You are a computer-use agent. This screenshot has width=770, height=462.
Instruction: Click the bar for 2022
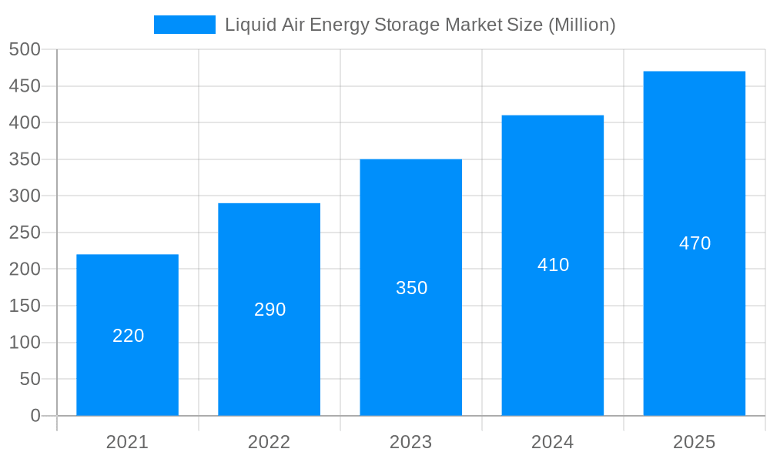[x=269, y=362]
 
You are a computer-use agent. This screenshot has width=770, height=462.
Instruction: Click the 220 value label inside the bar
[x=128, y=336]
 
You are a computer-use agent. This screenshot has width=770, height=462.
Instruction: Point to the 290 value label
[x=269, y=310]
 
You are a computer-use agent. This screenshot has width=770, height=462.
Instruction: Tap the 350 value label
[x=411, y=288]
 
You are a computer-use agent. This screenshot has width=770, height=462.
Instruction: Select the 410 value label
[x=553, y=265]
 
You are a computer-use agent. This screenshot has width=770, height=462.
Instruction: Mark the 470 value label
[x=695, y=243]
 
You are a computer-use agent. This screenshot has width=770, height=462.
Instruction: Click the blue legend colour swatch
[x=185, y=25]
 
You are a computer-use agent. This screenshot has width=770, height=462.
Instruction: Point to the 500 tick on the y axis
[x=25, y=49]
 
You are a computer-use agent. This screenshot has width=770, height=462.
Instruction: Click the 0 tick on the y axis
[x=35, y=416]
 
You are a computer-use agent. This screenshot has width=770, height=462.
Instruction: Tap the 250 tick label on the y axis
[x=25, y=233]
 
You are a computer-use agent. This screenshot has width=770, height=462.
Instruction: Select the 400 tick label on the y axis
[x=25, y=122]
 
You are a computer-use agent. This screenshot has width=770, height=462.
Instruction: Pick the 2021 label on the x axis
[x=127, y=442]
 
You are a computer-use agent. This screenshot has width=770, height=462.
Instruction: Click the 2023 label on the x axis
[x=410, y=442]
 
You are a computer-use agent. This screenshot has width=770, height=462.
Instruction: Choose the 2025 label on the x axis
[x=694, y=442]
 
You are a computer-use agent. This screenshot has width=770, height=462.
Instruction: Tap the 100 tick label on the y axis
[x=25, y=343]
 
